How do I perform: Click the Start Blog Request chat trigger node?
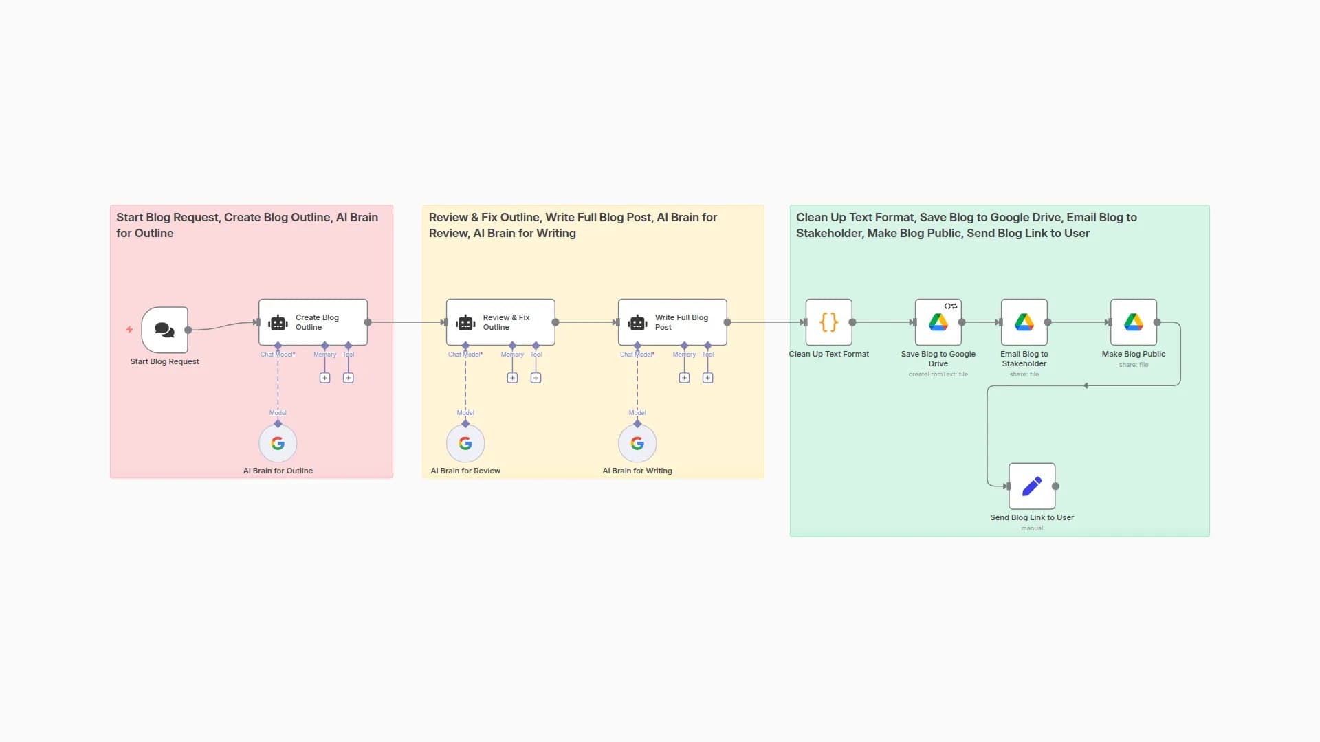tap(164, 330)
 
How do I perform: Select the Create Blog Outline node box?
tap(313, 322)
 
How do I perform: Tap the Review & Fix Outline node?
tap(500, 322)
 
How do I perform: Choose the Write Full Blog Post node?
tap(672, 322)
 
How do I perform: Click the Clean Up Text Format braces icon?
tap(828, 322)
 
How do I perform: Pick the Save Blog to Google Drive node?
tap(938, 322)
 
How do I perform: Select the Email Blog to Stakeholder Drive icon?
tap(1024, 322)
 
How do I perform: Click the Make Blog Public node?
tap(1133, 322)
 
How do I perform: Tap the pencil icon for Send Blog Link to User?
tap(1031, 486)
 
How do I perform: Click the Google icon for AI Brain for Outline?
tap(278, 444)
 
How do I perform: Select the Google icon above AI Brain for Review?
tap(465, 444)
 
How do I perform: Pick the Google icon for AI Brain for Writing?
tap(637, 444)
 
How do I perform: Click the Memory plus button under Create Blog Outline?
tap(325, 378)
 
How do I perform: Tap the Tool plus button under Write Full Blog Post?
tap(707, 378)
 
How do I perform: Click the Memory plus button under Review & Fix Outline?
tap(512, 378)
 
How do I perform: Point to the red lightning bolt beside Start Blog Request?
tap(129, 330)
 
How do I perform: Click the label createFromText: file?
tap(938, 374)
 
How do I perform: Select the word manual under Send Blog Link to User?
tap(1031, 528)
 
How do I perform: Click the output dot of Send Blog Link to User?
tap(1055, 486)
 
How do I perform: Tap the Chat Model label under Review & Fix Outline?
tap(465, 355)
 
